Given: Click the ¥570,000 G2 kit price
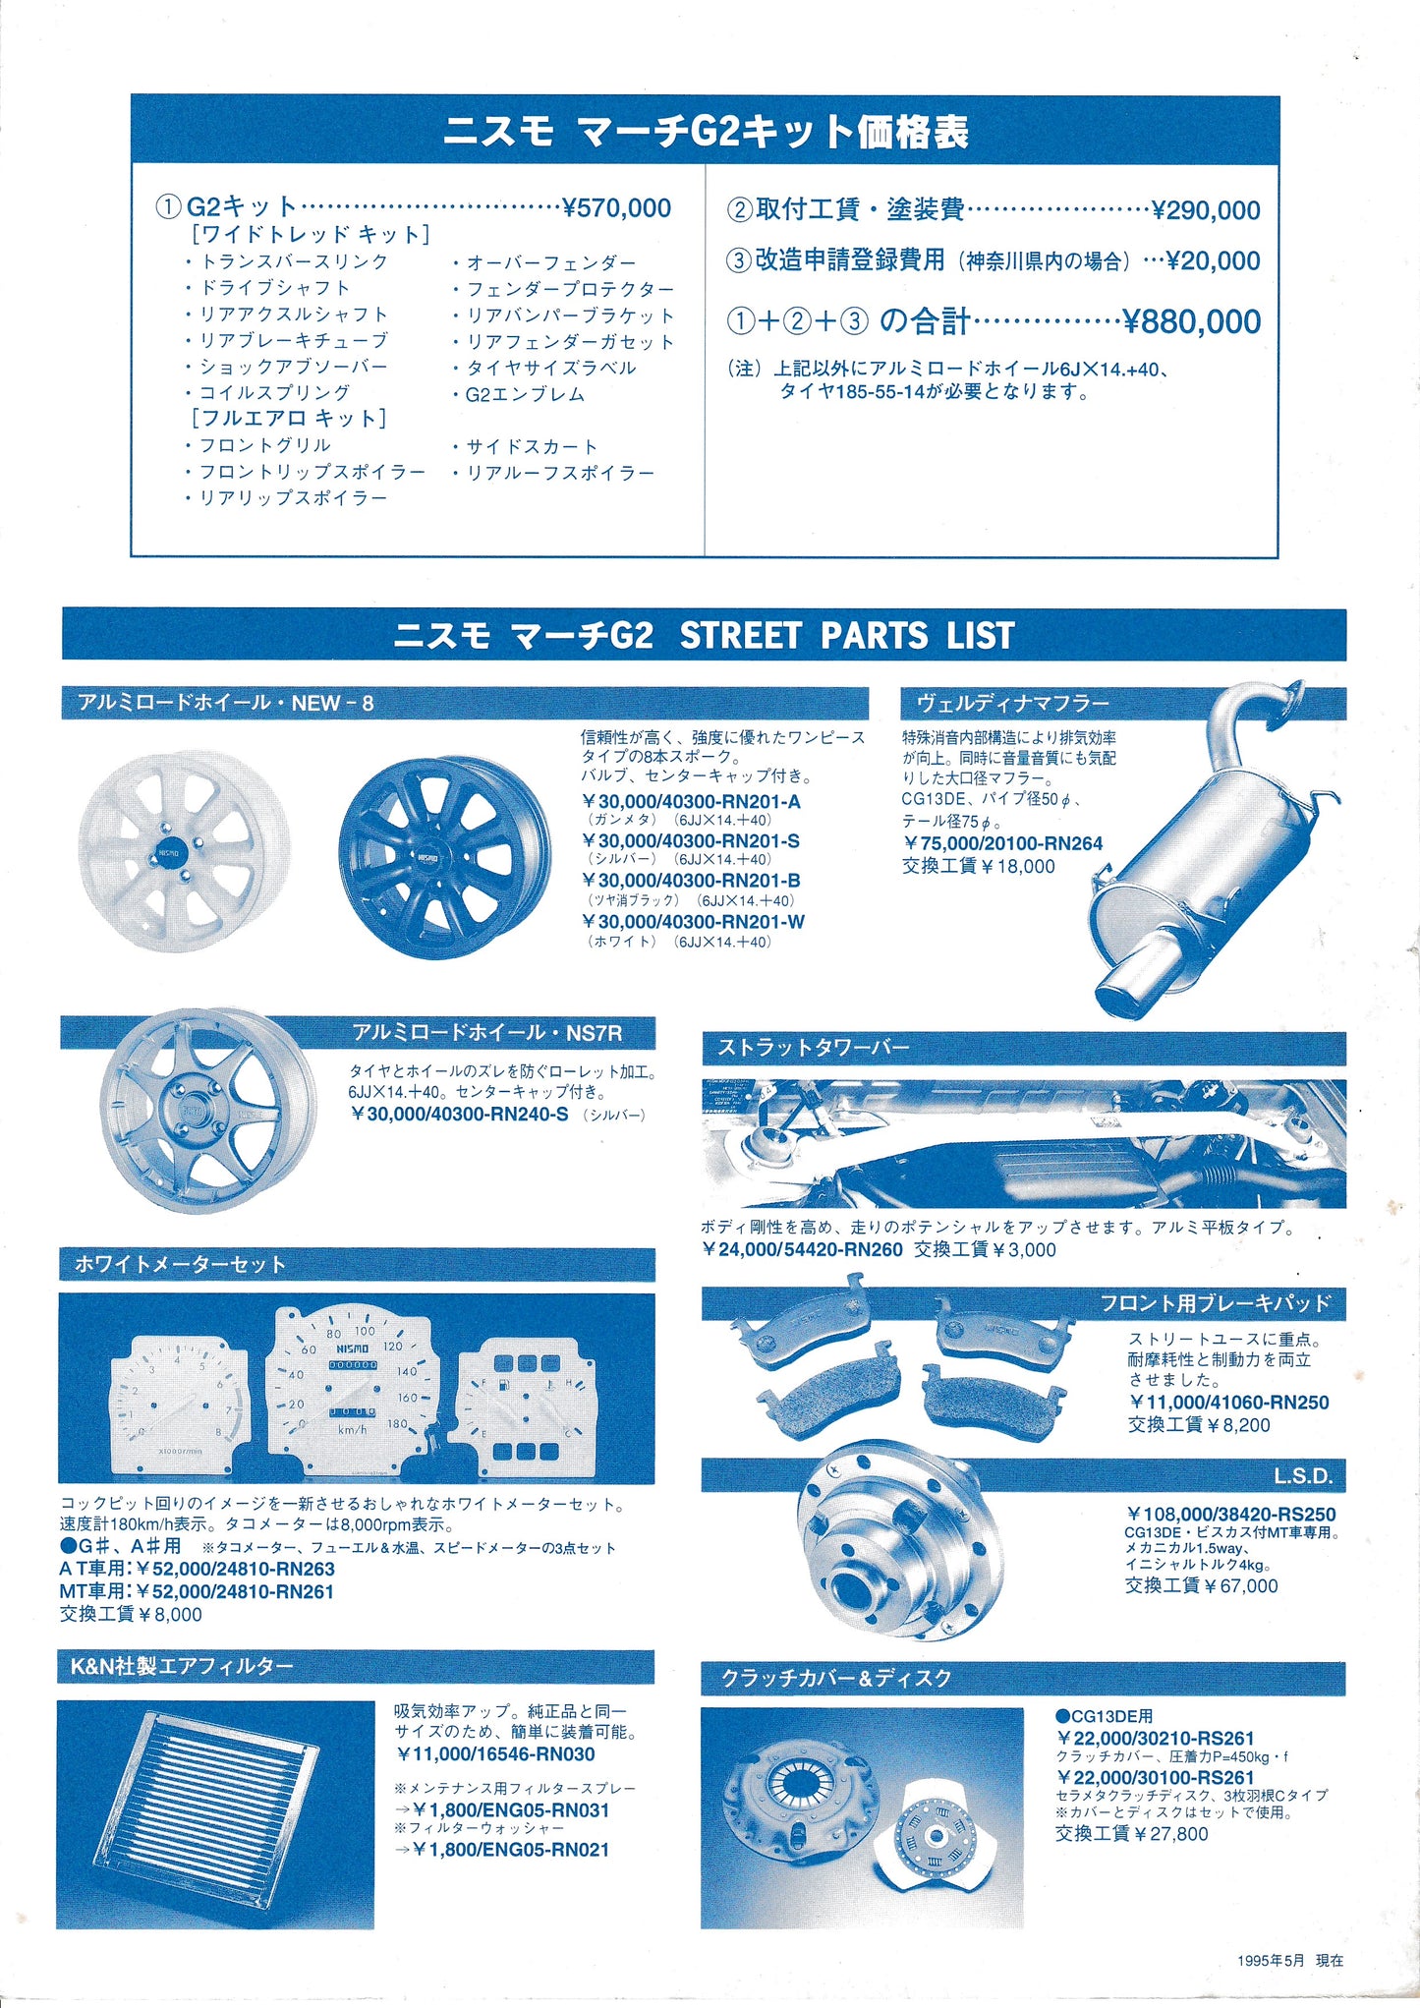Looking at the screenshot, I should pyautogui.click(x=617, y=207).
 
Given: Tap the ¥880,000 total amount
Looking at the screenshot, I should pyautogui.click(x=1191, y=321).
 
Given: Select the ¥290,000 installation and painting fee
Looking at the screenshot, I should pyautogui.click(x=1206, y=210).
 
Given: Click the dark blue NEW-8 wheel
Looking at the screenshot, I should pyautogui.click(x=443, y=857).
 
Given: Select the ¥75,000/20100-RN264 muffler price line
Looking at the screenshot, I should pyautogui.click(x=1002, y=843).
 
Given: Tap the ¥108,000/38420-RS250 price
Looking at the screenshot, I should pyautogui.click(x=1231, y=1515).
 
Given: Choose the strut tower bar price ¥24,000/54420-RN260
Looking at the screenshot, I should pyautogui.click(x=802, y=1249).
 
